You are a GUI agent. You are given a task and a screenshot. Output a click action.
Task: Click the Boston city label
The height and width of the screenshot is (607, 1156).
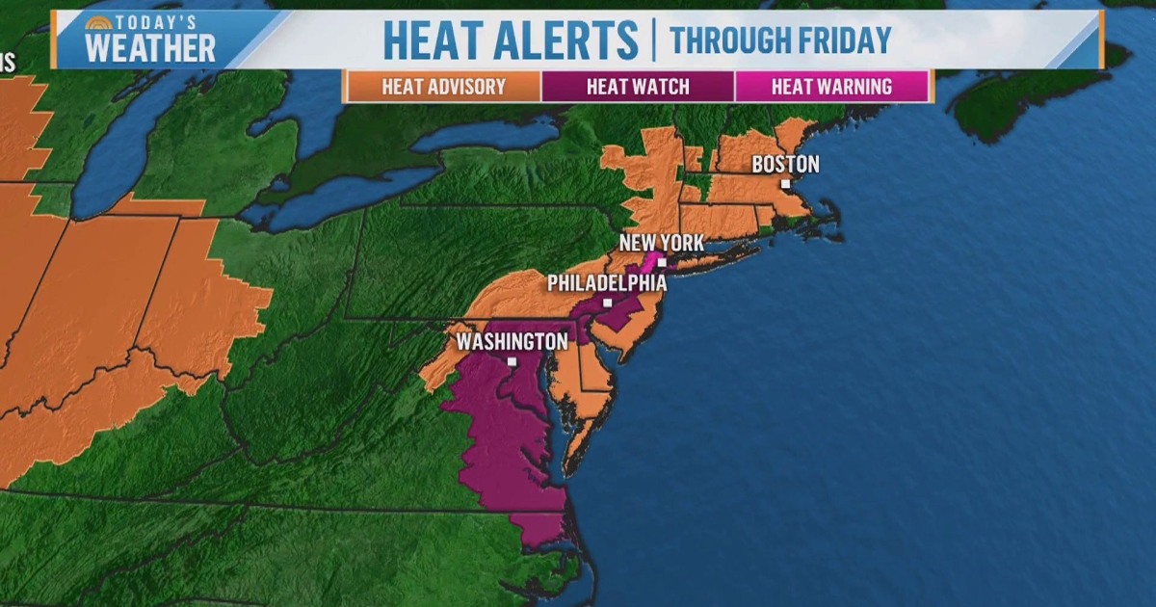click(785, 164)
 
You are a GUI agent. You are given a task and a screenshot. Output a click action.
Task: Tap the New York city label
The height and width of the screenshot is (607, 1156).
click(662, 242)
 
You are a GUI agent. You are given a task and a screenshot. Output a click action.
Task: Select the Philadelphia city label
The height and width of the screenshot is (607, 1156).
click(607, 283)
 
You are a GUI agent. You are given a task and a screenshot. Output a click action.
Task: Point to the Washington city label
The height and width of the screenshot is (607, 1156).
click(512, 341)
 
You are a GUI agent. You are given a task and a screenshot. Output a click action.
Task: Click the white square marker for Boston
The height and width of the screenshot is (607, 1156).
click(785, 183)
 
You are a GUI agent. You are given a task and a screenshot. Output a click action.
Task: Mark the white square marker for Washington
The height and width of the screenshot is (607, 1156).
click(512, 362)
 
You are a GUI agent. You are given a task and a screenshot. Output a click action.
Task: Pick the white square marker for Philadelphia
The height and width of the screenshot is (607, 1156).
click(607, 302)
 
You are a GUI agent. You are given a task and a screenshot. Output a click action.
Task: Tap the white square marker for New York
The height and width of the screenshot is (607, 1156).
click(662, 261)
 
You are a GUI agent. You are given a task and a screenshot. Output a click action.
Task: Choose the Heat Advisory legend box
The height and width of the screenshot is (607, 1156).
click(443, 87)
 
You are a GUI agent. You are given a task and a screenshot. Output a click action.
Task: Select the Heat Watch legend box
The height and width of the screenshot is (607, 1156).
click(638, 87)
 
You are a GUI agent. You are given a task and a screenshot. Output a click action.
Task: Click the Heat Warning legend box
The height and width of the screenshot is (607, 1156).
click(831, 87)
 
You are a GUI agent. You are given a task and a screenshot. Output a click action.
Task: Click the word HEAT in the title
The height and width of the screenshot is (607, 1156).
click(432, 40)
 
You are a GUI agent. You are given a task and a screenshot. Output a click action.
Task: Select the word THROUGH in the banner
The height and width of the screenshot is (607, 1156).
click(724, 40)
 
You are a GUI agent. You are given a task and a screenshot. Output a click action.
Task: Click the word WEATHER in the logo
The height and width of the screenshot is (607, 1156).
click(149, 48)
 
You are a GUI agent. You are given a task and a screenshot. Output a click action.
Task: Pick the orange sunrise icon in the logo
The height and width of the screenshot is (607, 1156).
click(97, 22)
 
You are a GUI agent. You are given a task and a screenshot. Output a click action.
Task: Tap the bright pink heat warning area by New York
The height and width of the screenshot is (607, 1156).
click(651, 261)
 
